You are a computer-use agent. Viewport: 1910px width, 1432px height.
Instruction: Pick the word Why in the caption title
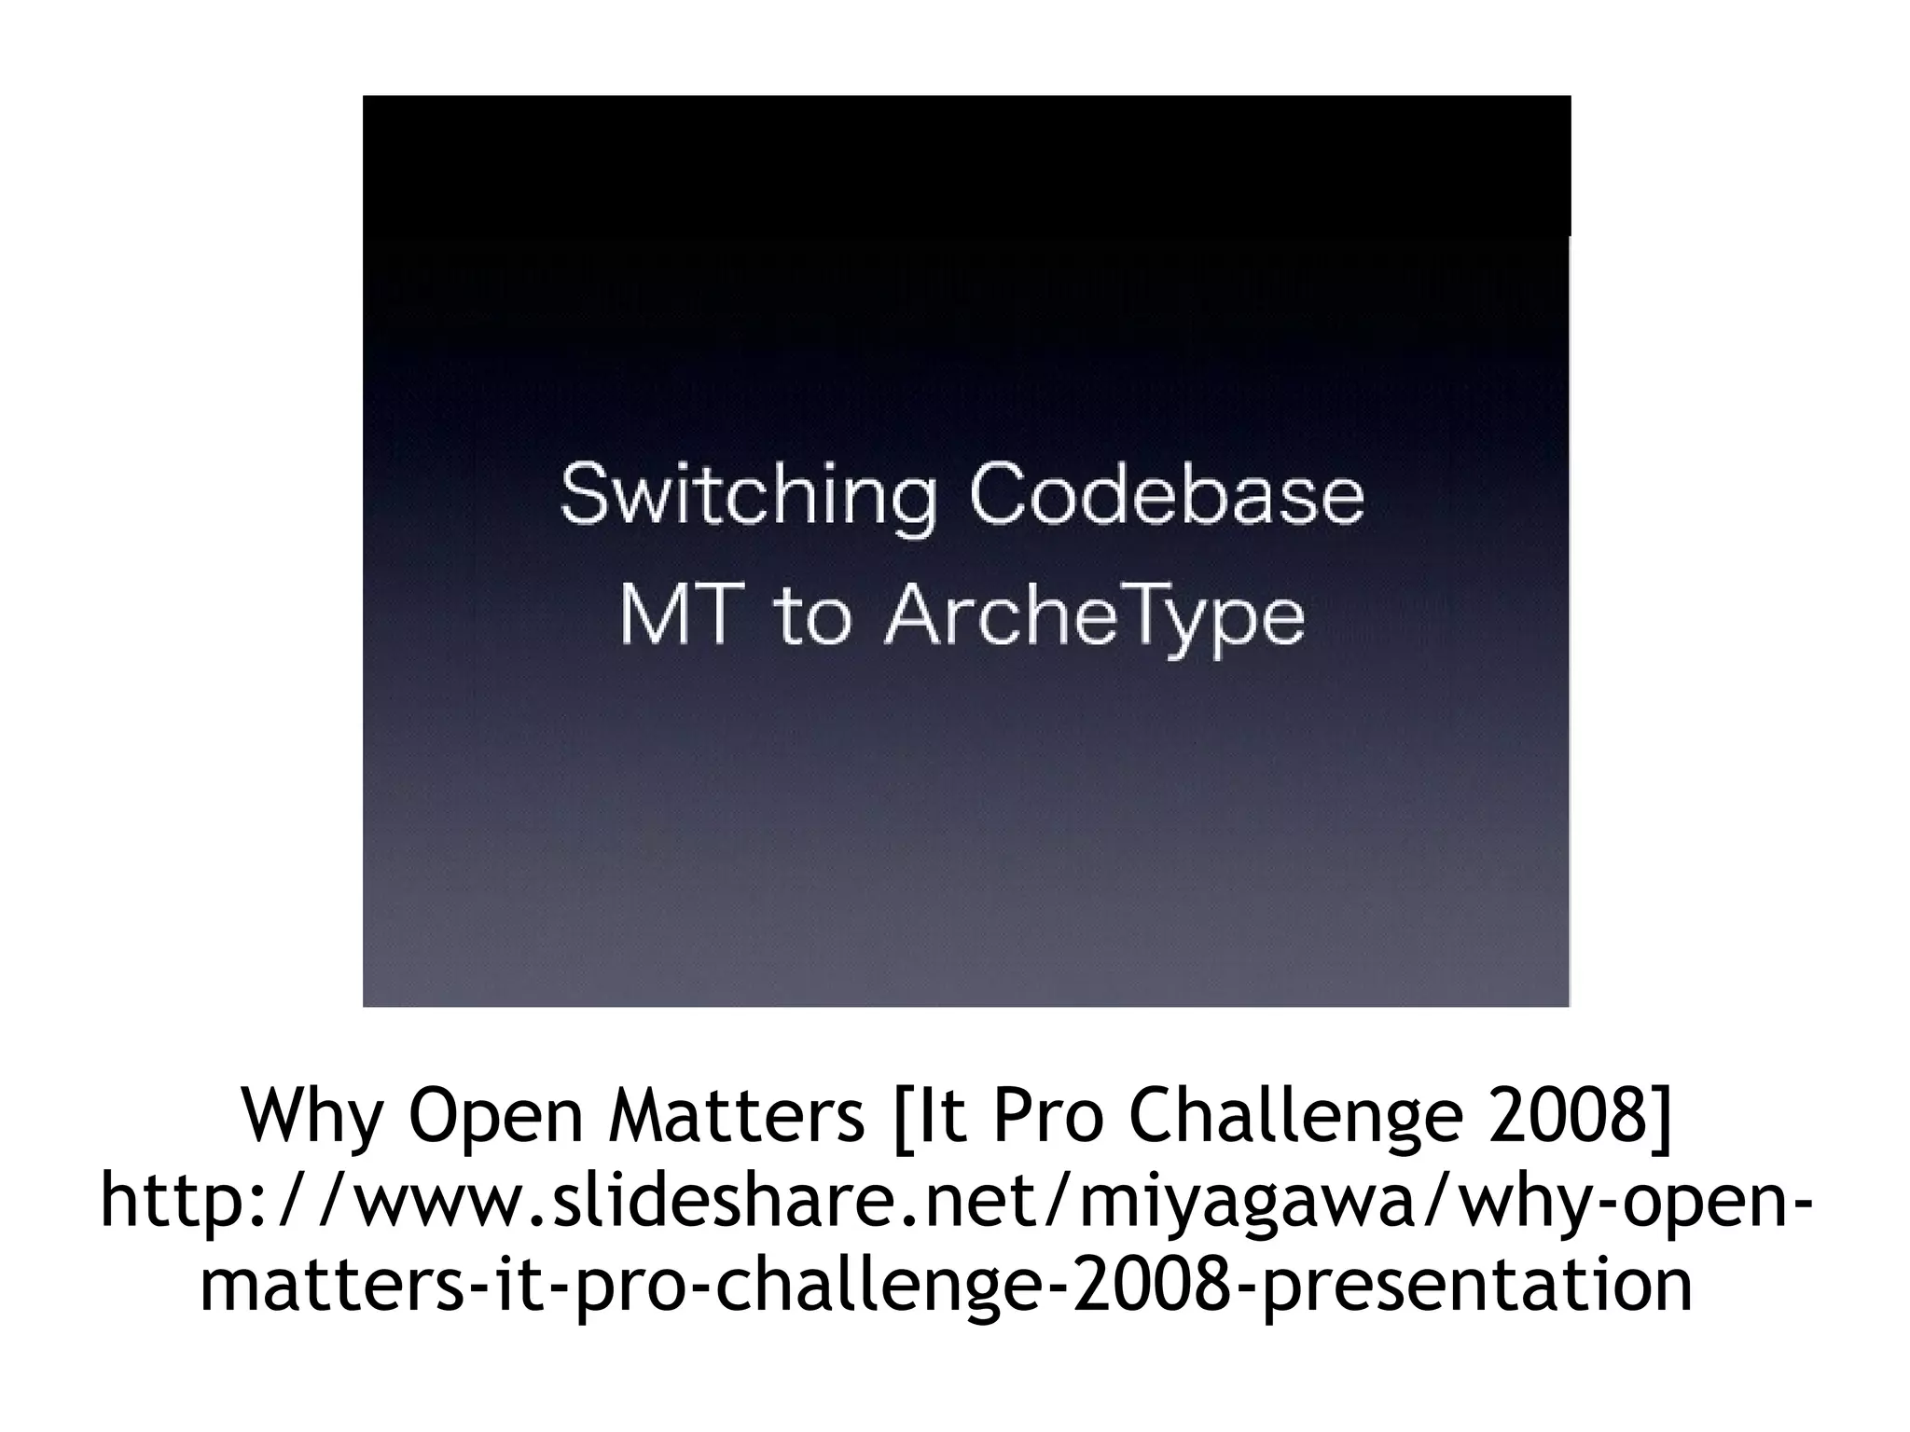click(312, 1116)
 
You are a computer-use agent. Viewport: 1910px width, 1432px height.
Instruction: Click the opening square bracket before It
click(900, 1116)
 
